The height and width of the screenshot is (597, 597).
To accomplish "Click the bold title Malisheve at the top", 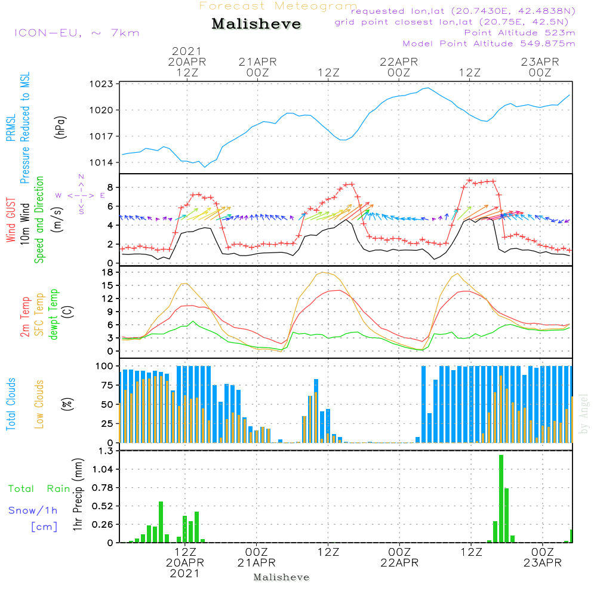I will click(x=256, y=24).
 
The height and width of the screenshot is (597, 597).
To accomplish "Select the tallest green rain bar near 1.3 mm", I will click(x=501, y=498).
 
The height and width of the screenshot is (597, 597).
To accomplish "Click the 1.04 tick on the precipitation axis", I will click(x=102, y=469).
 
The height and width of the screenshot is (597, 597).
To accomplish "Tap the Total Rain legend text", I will click(x=39, y=488).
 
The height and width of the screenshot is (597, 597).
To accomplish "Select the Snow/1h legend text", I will click(x=33, y=510).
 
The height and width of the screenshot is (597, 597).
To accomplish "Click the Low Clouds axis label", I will click(x=39, y=404).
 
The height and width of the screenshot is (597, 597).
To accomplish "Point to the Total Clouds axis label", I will click(x=11, y=404).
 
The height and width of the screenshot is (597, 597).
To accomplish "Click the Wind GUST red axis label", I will click(x=11, y=219).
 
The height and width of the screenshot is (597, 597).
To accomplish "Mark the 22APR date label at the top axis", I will click(x=399, y=61).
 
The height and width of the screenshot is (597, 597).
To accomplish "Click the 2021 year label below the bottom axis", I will click(x=185, y=574).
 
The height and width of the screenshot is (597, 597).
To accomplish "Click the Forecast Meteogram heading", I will click(x=278, y=6).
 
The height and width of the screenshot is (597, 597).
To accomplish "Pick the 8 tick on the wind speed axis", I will click(x=110, y=187).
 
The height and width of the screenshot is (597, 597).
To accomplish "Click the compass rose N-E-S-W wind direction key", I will click(x=81, y=195).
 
